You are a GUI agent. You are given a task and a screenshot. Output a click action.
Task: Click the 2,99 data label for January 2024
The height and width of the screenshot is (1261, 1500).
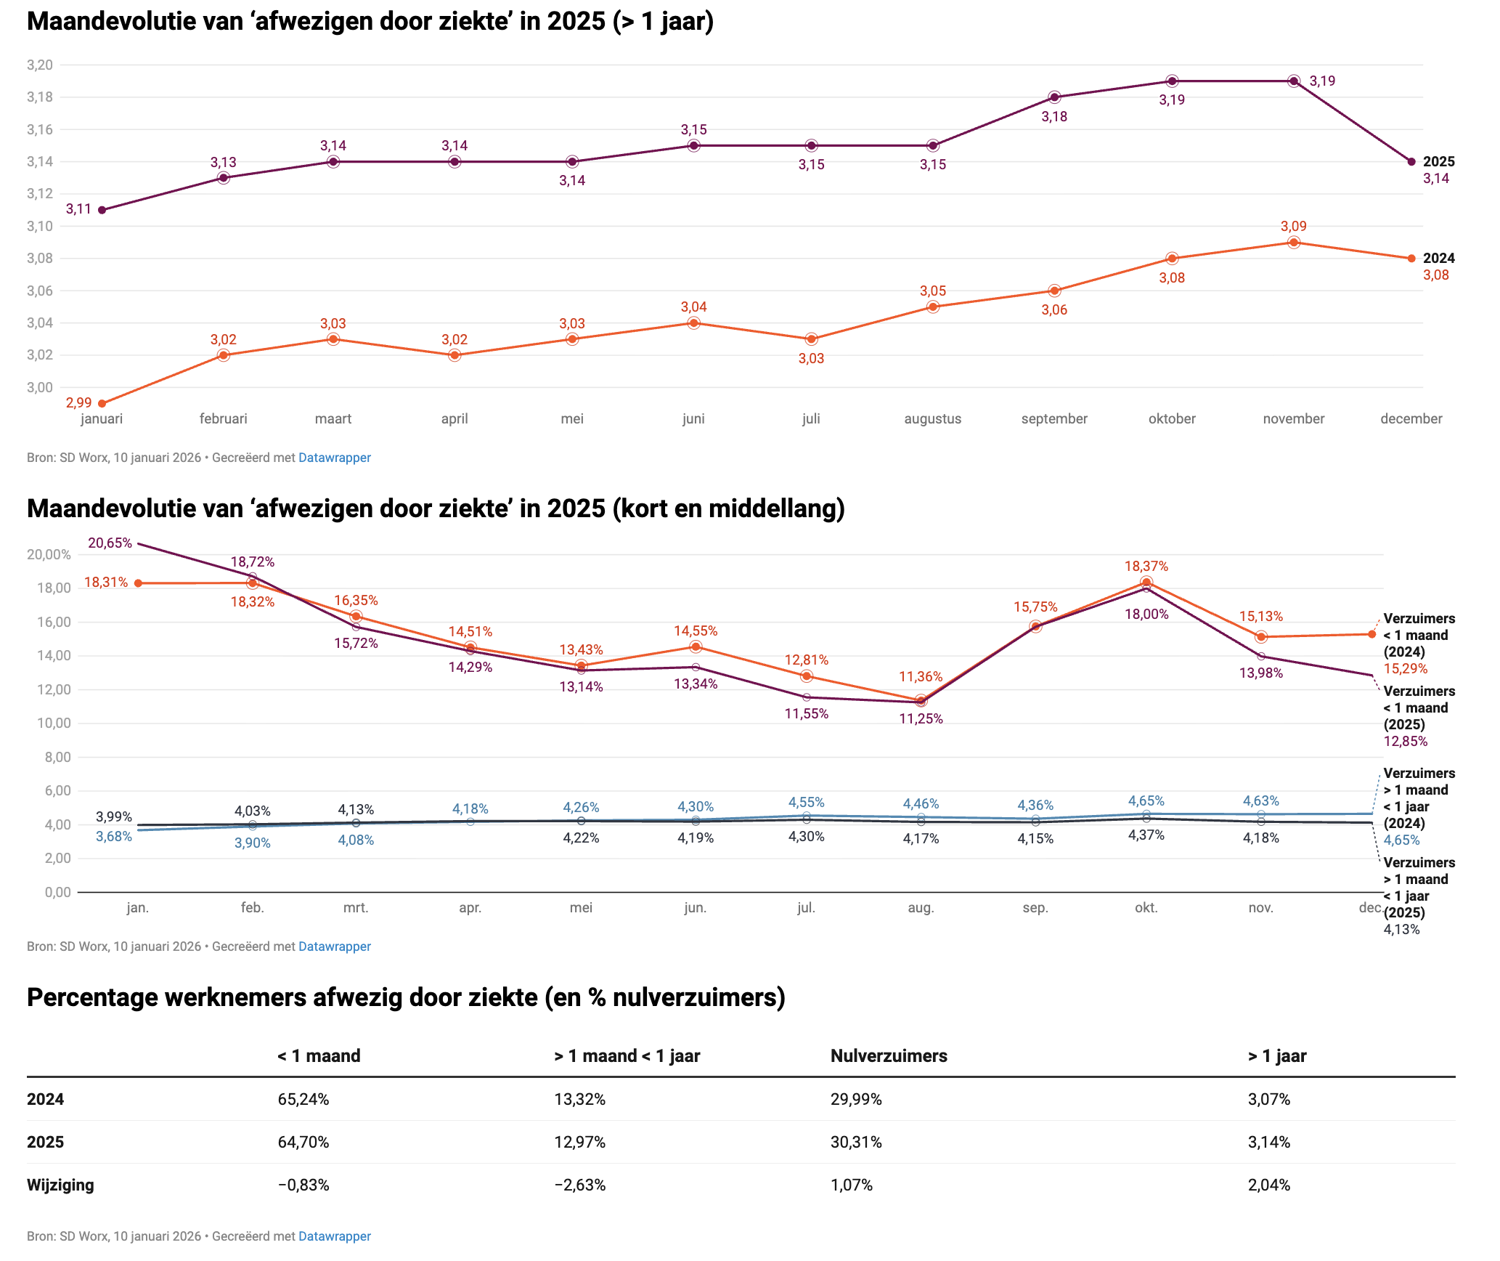click(78, 402)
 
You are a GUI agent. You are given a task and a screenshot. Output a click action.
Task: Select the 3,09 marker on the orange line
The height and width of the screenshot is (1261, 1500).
click(1293, 243)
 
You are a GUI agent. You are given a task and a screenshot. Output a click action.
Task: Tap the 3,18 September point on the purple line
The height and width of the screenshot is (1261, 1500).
click(1054, 97)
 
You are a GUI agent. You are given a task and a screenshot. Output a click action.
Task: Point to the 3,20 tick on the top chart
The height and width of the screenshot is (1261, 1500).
click(40, 65)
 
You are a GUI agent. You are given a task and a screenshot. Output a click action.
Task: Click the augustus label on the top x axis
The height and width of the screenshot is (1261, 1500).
click(932, 419)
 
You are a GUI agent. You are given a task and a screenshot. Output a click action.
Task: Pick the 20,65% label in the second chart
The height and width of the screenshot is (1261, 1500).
click(110, 543)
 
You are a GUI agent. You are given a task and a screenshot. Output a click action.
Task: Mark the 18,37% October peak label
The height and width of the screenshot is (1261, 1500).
click(1146, 567)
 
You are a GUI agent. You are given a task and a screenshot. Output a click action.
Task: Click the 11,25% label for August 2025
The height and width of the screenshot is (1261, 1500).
click(921, 719)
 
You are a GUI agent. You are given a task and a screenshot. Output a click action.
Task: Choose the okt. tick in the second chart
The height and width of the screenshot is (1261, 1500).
click(1146, 908)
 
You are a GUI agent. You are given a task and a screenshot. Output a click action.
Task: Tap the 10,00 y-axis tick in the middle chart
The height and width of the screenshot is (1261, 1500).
click(49, 723)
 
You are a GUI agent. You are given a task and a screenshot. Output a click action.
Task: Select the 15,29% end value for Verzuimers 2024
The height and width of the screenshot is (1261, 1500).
click(1405, 669)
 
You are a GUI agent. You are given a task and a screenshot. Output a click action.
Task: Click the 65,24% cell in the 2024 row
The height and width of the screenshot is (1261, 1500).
click(303, 1100)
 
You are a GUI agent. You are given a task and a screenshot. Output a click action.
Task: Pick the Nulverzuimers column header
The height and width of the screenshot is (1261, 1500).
click(889, 1056)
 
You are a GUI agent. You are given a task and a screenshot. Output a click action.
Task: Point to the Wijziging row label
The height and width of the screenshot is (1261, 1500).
click(60, 1185)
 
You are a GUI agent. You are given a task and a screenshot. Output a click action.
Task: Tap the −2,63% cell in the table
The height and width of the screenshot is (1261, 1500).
click(579, 1185)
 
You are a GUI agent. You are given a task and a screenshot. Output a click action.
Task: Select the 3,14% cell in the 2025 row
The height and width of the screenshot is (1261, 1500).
click(1268, 1143)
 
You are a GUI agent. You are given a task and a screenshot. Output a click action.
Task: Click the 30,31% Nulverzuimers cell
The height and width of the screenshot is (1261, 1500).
click(856, 1143)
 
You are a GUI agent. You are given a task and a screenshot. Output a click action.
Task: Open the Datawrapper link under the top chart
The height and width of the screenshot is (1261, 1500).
click(334, 458)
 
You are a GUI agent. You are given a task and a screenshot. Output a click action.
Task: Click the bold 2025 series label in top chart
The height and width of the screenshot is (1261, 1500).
click(1438, 162)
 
